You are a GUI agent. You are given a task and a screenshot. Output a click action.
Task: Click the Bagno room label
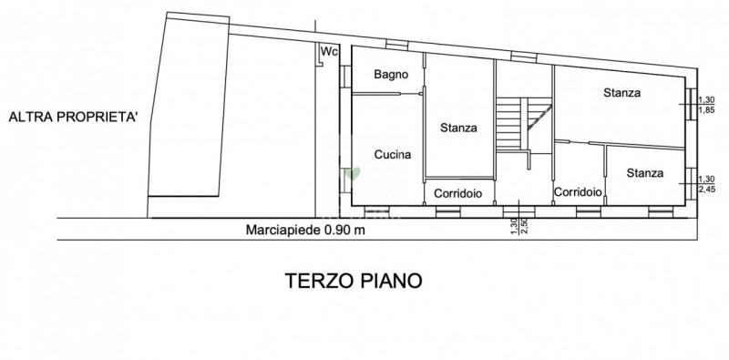pos(391,75)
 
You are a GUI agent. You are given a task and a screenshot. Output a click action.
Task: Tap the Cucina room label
pos(393,155)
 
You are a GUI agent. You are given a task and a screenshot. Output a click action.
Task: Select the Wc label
pos(330,51)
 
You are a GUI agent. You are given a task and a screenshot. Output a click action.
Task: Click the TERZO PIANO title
pos(354,281)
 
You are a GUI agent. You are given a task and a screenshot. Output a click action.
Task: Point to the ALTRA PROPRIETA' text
pos(74,117)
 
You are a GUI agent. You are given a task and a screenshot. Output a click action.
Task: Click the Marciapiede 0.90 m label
pos(305,230)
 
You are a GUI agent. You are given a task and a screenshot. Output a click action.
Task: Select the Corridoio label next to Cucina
pos(458,193)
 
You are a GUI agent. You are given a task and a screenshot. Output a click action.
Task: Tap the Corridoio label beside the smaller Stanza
pos(579,191)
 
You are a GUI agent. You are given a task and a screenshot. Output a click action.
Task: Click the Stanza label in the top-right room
pos(622,93)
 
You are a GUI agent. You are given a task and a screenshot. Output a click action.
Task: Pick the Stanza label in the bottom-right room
pos(645,173)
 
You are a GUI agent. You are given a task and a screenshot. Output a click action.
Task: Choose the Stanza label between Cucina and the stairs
pos(459,128)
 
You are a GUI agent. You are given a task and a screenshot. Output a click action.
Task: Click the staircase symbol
pos(523,125)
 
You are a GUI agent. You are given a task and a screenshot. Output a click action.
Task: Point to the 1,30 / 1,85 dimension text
pos(706,105)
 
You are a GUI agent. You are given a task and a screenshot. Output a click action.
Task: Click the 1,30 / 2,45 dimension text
pos(706,184)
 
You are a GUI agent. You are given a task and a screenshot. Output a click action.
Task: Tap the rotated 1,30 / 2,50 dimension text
pos(519,226)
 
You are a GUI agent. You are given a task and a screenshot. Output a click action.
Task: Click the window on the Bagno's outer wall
pos(345,77)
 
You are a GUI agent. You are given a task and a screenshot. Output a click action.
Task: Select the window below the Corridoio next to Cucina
pos(448,212)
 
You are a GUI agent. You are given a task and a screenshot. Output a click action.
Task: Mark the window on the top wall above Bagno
pos(397,46)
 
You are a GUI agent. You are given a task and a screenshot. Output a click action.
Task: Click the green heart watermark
pos(354,173)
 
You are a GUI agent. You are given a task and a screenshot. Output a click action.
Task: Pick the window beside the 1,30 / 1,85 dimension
pos(692,103)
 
